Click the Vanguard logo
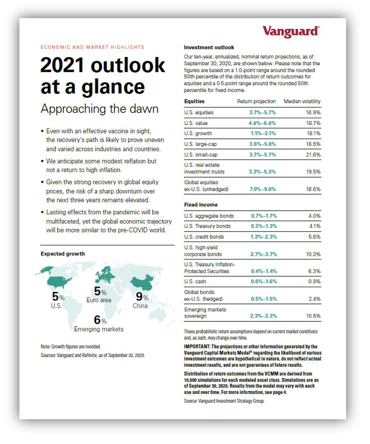click(290, 31)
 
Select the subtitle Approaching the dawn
click(99, 109)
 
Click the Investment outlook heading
click(209, 47)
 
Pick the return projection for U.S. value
click(262, 123)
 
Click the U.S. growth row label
click(198, 134)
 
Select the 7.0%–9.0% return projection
click(262, 189)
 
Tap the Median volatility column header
click(302, 101)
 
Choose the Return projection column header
click(256, 101)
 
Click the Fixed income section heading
click(200, 205)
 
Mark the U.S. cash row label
click(195, 282)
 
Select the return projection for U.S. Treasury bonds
click(264, 226)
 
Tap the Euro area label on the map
click(99, 300)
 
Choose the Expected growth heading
click(63, 254)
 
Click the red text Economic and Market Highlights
click(92, 47)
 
